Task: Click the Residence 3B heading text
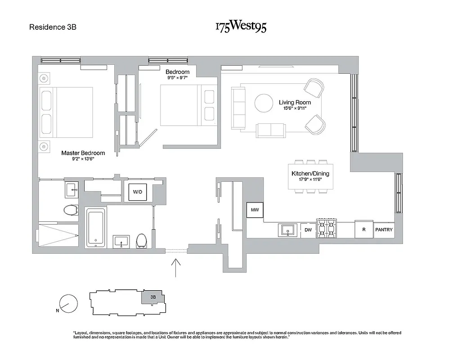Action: (53, 27)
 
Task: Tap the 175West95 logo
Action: (241, 27)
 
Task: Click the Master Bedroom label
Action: (83, 153)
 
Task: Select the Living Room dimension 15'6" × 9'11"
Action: (295, 108)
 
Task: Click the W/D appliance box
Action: (137, 192)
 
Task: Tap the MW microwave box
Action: (255, 210)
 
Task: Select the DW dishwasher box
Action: (308, 230)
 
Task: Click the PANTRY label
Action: (384, 230)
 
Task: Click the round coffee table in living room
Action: (264, 103)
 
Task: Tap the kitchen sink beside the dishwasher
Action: (287, 230)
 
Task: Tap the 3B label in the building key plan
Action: (153, 297)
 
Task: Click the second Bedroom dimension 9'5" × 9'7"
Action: (177, 78)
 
